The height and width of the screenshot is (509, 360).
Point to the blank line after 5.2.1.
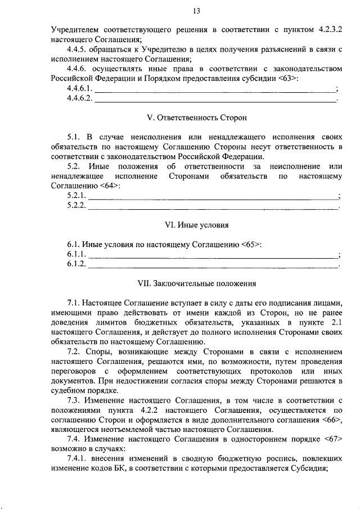click(214, 196)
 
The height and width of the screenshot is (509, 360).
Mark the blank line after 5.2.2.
click(214, 206)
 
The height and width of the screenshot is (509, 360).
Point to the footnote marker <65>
click(251, 245)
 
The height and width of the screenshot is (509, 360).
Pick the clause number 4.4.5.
click(76, 49)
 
